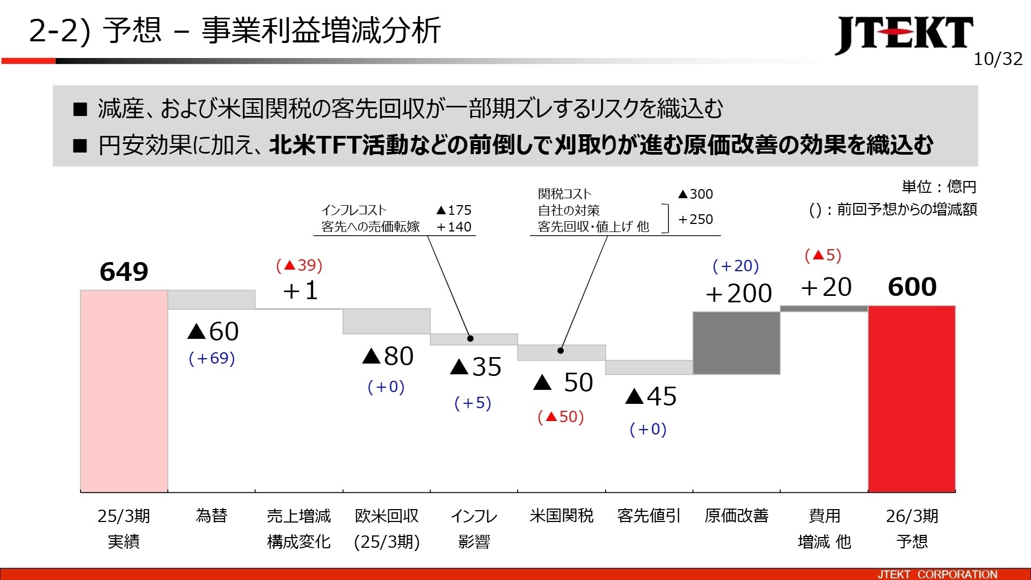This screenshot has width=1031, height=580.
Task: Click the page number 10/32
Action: click(998, 59)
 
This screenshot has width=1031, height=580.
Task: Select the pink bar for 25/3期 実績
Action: click(124, 391)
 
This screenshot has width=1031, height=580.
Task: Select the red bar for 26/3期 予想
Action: click(912, 398)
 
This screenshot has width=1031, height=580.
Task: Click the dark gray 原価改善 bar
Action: click(736, 343)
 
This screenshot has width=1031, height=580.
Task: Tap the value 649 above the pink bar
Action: click(124, 272)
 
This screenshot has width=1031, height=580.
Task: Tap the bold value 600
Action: click(912, 287)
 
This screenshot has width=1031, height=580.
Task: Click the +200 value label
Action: click(738, 294)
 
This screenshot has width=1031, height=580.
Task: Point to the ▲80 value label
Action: click(388, 356)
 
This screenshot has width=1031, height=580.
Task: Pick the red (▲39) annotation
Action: click(299, 265)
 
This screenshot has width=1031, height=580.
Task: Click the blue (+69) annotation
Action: click(212, 358)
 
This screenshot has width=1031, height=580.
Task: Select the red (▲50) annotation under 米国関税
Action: click(561, 417)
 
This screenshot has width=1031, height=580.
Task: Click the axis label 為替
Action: click(212, 516)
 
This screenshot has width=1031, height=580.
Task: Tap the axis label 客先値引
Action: click(649, 516)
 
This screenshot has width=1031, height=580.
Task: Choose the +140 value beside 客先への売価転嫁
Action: click(454, 227)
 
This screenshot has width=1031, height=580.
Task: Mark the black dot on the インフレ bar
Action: click(470, 338)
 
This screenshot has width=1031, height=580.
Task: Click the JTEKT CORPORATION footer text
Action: click(937, 574)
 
